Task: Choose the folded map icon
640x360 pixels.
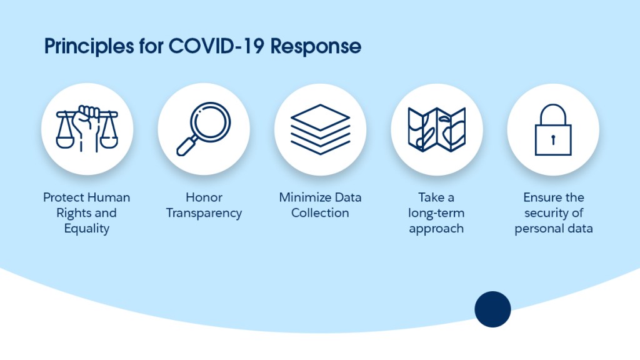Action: [436, 129]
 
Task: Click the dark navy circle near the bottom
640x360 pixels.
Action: [492, 309]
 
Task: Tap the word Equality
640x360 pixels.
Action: [87, 229]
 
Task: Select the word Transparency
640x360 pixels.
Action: [204, 213]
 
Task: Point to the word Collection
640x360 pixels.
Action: [320, 213]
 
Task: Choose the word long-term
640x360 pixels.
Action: [436, 213]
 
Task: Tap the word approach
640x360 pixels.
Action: [436, 229]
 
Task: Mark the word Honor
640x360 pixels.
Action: [204, 197]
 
